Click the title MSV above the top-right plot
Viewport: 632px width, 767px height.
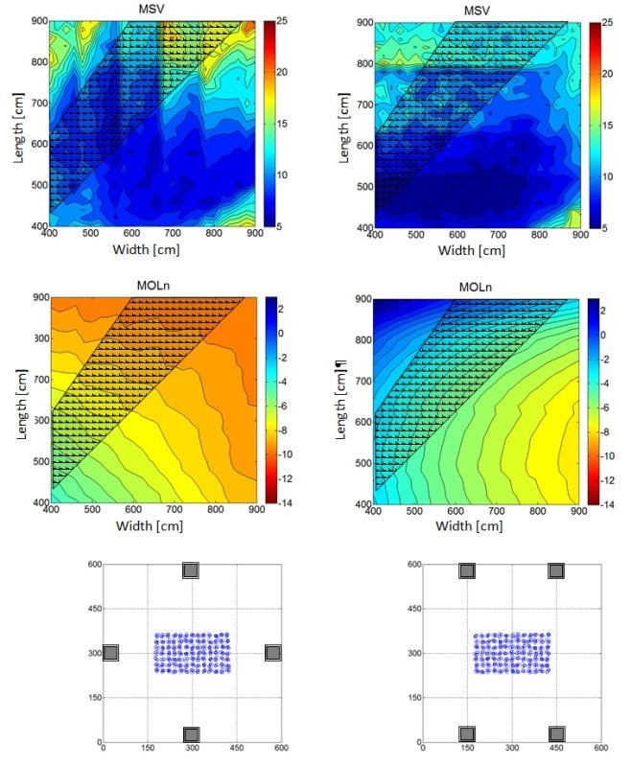[x=476, y=11]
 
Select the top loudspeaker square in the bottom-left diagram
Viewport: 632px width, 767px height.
[x=191, y=570]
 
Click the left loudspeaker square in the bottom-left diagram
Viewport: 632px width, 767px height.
[x=110, y=653]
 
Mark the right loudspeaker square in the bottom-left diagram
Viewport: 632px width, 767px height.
[x=272, y=653]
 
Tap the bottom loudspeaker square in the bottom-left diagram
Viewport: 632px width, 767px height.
[x=191, y=734]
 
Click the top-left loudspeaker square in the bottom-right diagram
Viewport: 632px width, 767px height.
[x=467, y=570]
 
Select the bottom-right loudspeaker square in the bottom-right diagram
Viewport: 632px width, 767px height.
[x=555, y=734]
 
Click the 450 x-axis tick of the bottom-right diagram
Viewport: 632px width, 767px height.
[x=556, y=748]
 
